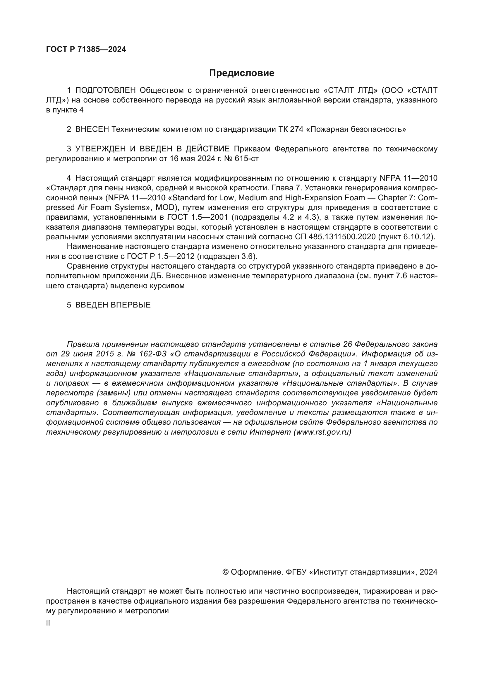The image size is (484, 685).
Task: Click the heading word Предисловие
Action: coord(242,73)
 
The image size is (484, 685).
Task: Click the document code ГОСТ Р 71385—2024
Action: coord(86,49)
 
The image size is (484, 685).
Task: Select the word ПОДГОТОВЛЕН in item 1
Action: coord(106,90)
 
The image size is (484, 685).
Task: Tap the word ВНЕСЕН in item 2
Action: coord(92,129)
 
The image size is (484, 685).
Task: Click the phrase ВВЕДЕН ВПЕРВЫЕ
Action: coord(113,305)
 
